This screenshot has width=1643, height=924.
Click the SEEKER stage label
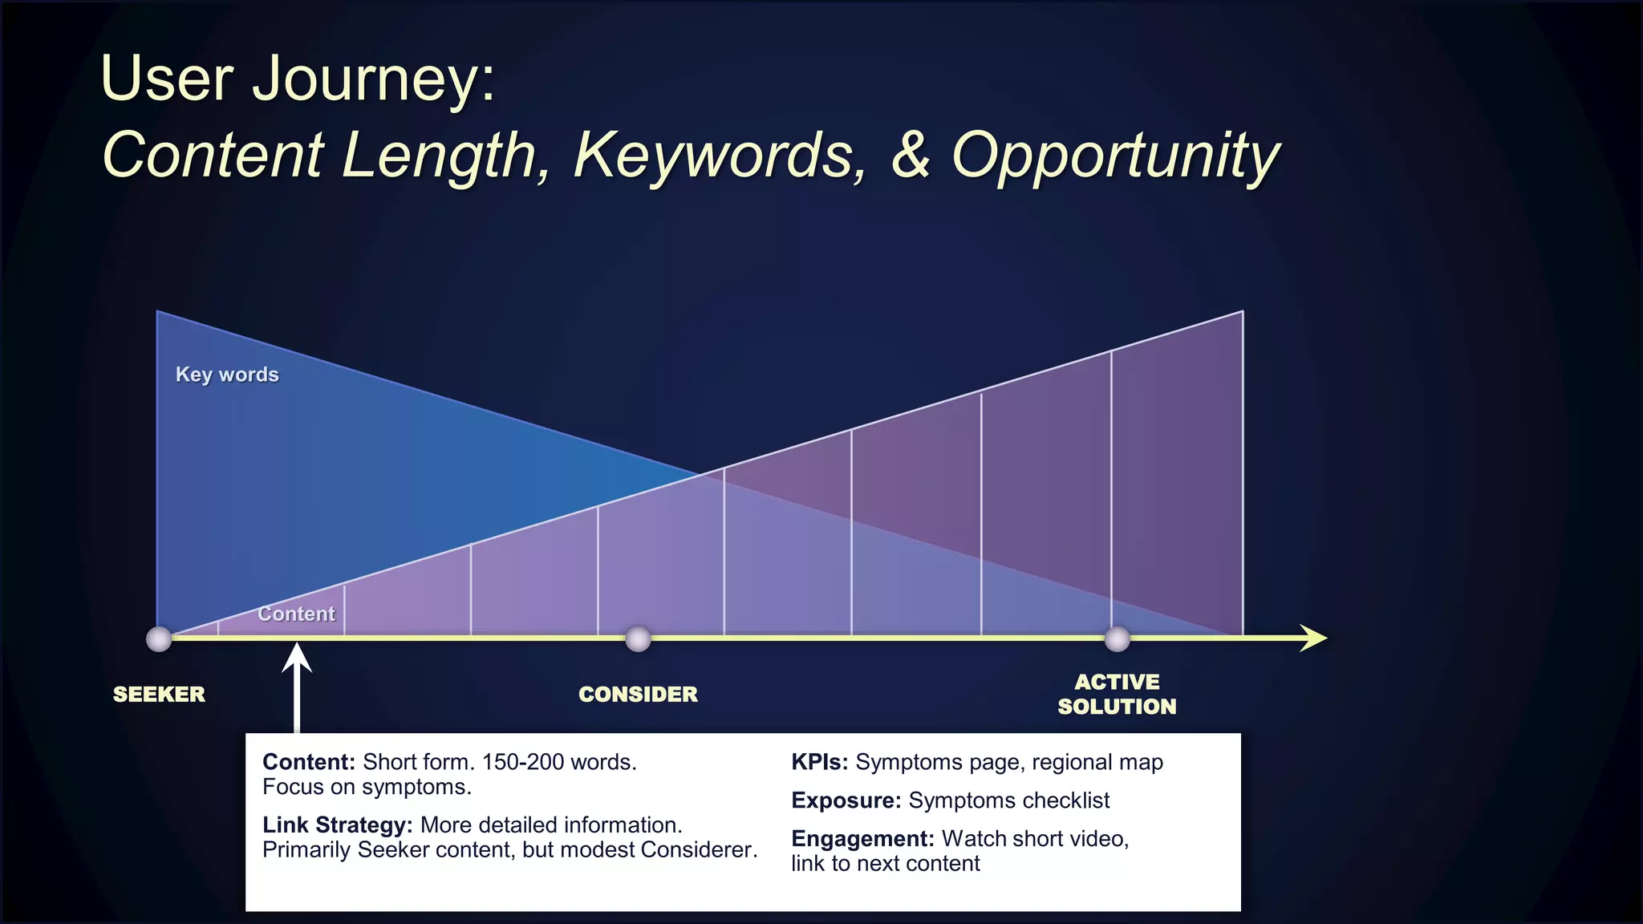[x=159, y=695]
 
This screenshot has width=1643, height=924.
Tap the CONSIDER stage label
[x=638, y=695]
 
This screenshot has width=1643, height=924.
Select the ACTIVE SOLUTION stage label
[x=1117, y=695]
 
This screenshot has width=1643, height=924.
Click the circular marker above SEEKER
[x=159, y=639]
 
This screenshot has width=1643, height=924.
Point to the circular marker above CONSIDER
[x=638, y=639]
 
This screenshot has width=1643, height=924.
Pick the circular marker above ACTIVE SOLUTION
[x=1117, y=639]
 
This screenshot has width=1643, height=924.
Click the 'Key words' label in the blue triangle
[x=227, y=375]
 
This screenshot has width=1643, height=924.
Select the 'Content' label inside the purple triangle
[x=296, y=614]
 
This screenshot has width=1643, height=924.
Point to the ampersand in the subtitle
[x=911, y=155]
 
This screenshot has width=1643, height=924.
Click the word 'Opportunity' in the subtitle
[x=1115, y=156]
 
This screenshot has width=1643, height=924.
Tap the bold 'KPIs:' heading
[x=819, y=762]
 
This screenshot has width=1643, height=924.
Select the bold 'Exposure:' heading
[x=846, y=800]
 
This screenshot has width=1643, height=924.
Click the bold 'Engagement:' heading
[x=862, y=839]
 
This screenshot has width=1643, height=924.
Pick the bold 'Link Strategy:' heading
[x=337, y=825]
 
